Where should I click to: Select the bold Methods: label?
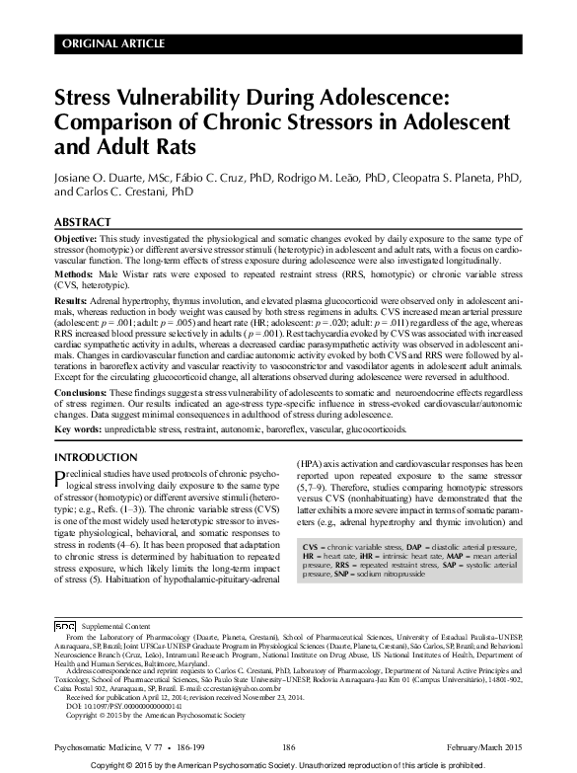click(x=74, y=272)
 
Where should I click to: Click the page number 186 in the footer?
click(x=289, y=746)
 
